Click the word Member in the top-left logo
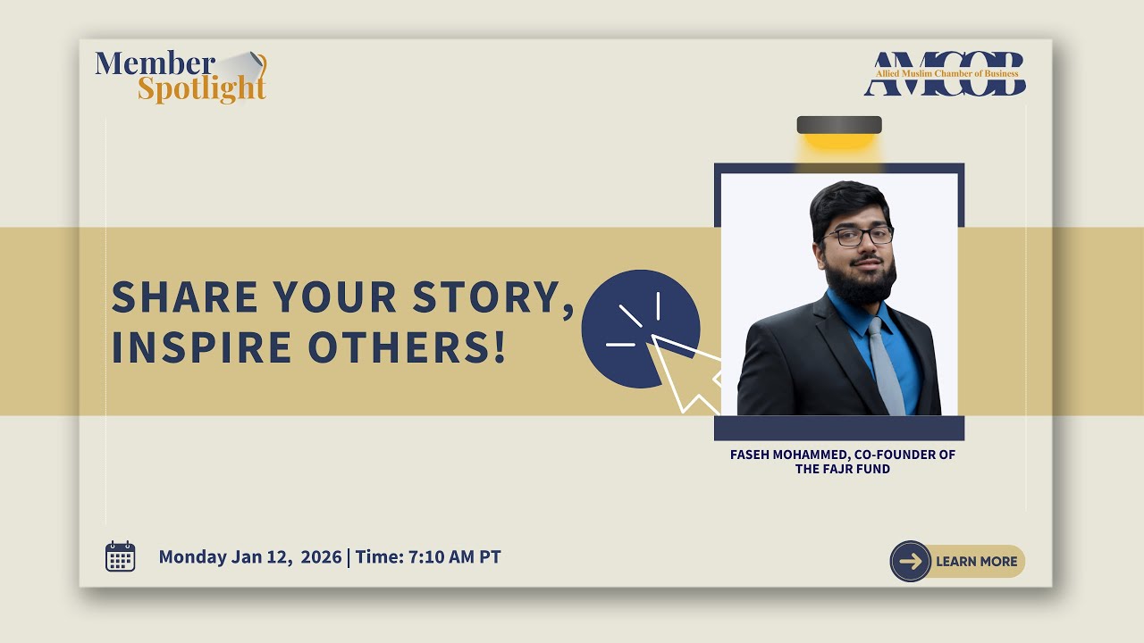[155, 63]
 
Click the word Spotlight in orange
[201, 89]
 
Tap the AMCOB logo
[944, 74]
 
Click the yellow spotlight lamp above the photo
[838, 136]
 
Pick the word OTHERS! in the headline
[407, 347]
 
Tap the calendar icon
[121, 556]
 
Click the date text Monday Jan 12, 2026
[249, 557]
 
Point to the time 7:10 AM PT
[454, 557]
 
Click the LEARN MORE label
[976, 562]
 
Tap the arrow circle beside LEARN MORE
[911, 562]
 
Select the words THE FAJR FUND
[842, 469]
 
